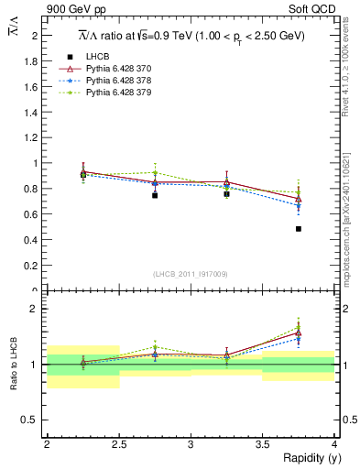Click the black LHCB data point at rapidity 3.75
click(299, 229)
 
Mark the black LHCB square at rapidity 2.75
click(155, 195)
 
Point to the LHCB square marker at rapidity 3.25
click(226, 194)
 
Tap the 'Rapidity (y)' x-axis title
click(305, 458)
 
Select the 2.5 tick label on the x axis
click(118, 444)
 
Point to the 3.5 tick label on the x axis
click(262, 444)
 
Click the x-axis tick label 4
click(334, 444)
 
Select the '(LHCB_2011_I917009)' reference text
click(191, 274)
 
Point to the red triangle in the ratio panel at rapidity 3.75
click(299, 333)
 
